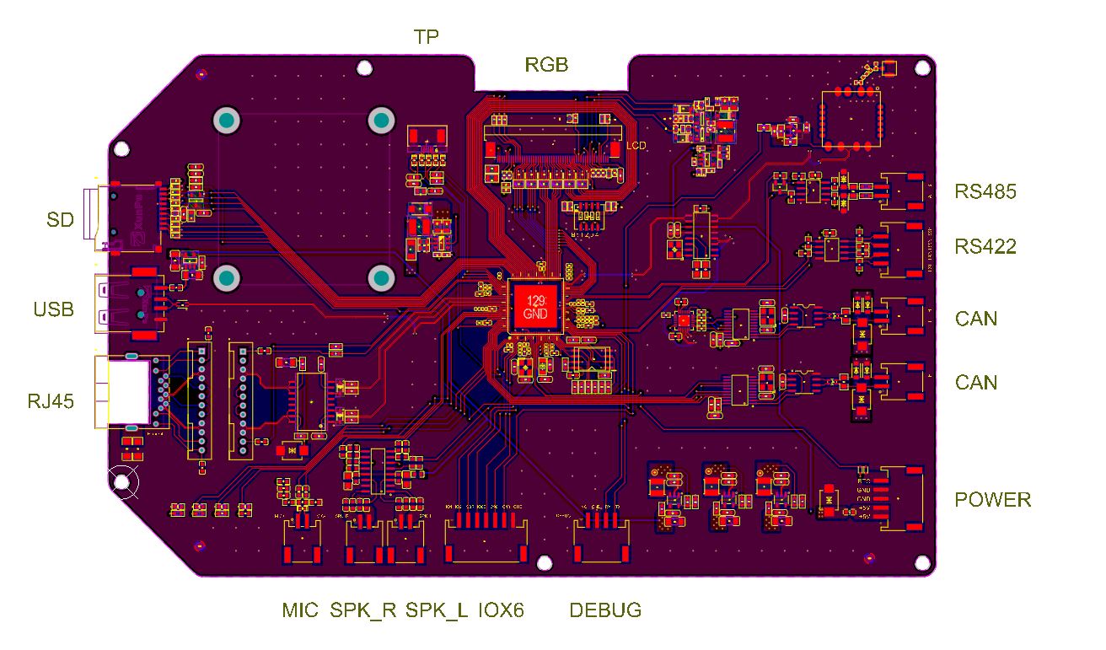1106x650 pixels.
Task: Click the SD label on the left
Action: [x=60, y=220]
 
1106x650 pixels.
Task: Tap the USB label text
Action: [x=54, y=309]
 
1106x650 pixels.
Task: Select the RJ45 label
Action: [x=50, y=401]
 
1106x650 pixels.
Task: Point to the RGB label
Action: [x=546, y=64]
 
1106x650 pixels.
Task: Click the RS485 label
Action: [x=985, y=191]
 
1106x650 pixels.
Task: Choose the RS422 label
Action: [x=985, y=247]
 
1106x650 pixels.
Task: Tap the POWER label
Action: [x=992, y=499]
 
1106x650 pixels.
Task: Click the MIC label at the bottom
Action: [x=301, y=610]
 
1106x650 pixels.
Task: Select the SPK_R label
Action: [x=362, y=610]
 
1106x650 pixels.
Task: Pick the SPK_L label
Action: [x=437, y=610]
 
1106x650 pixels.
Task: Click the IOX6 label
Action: [x=502, y=610]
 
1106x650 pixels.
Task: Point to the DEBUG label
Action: [x=605, y=610]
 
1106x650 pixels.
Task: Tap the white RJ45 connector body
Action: [x=125, y=393]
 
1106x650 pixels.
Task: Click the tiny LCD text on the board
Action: [x=636, y=146]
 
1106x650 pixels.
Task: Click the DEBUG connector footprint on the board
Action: [x=601, y=542]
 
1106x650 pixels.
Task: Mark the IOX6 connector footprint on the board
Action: [x=486, y=542]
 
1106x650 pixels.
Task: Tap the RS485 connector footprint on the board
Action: [x=903, y=191]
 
